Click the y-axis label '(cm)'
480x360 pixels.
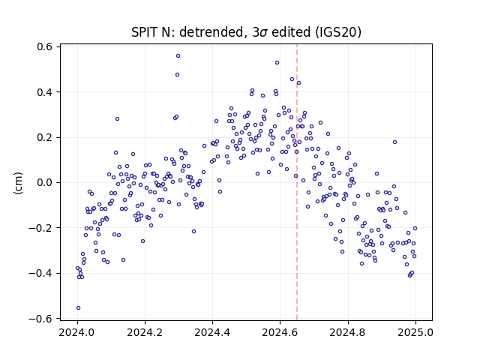[18, 183]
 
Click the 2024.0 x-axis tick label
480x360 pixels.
[77, 332]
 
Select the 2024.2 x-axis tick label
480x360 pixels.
[145, 332]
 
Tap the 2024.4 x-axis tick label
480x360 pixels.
[212, 332]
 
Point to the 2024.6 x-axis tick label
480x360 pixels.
[280, 332]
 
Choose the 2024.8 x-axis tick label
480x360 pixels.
[348, 332]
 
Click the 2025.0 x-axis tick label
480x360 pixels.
[415, 332]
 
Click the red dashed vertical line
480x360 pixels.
[297, 182]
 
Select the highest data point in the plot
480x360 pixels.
[178, 56]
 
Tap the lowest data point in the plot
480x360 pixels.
[78, 308]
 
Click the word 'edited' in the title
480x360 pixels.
[291, 32]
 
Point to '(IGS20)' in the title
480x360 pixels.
[337, 32]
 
